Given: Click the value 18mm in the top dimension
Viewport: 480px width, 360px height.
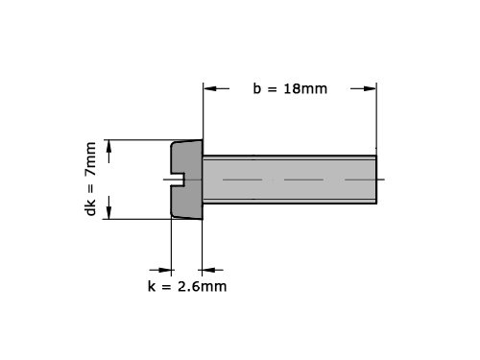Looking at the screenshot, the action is coord(305,88).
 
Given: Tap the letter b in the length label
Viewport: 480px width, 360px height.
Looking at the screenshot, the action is coord(257,88).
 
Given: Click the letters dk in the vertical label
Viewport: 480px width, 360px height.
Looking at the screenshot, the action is coord(90,207).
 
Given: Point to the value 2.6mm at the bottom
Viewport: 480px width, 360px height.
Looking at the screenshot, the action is coord(203,286).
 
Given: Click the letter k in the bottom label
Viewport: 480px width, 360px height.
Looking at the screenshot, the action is coord(152,286).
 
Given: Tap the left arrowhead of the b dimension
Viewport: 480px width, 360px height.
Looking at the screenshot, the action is coord(210,88).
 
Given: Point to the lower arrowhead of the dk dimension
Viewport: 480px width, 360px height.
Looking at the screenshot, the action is coord(108,212).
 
